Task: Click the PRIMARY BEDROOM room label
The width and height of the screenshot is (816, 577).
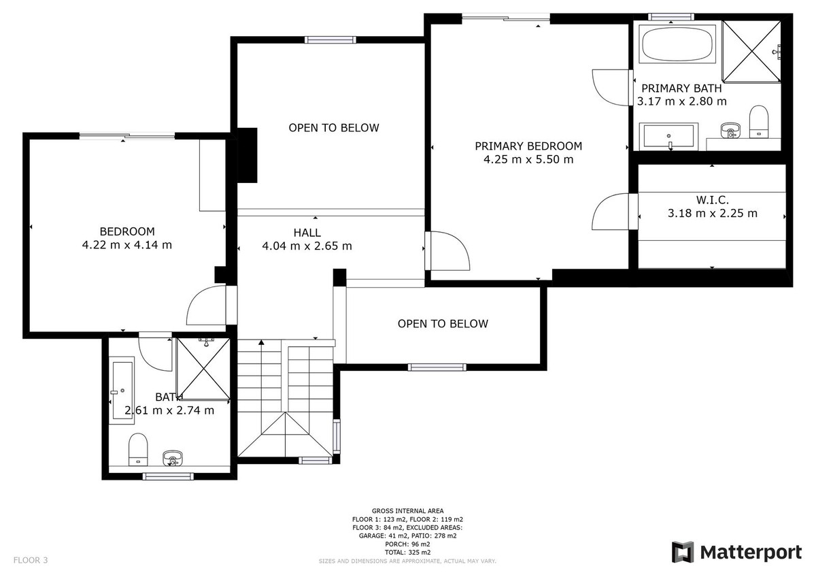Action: point(528,146)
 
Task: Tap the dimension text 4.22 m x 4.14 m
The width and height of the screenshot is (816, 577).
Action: point(126,245)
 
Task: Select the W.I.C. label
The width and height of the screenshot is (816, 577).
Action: point(712,200)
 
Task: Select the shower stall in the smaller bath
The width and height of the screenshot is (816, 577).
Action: point(203,368)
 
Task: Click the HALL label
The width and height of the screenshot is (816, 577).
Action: point(307,233)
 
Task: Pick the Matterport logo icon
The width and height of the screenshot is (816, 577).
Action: point(683,552)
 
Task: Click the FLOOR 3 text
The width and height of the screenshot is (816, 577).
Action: point(31,561)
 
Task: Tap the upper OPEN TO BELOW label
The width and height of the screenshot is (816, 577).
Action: point(333,128)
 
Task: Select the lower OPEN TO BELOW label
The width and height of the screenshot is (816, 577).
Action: point(443,324)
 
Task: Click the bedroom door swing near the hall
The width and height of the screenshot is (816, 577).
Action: point(207,306)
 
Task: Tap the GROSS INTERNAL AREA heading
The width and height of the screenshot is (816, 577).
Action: point(407,510)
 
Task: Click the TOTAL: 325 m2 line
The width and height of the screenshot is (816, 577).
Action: point(407,552)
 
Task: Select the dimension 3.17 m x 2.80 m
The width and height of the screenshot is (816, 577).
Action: point(681,101)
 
